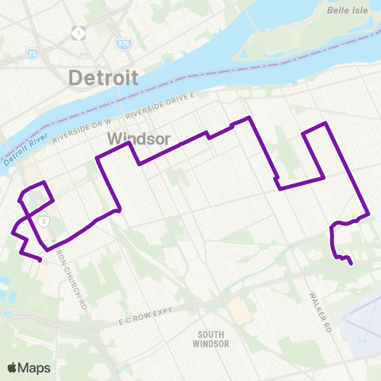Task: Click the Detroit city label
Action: [x=103, y=78]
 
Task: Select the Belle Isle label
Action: [x=344, y=10]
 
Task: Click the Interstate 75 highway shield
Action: [x=31, y=53]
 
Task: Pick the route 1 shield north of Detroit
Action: [x=79, y=33]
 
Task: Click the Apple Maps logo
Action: [x=29, y=368]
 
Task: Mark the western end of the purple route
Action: [x=40, y=260]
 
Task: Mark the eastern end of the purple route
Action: [x=351, y=264]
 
